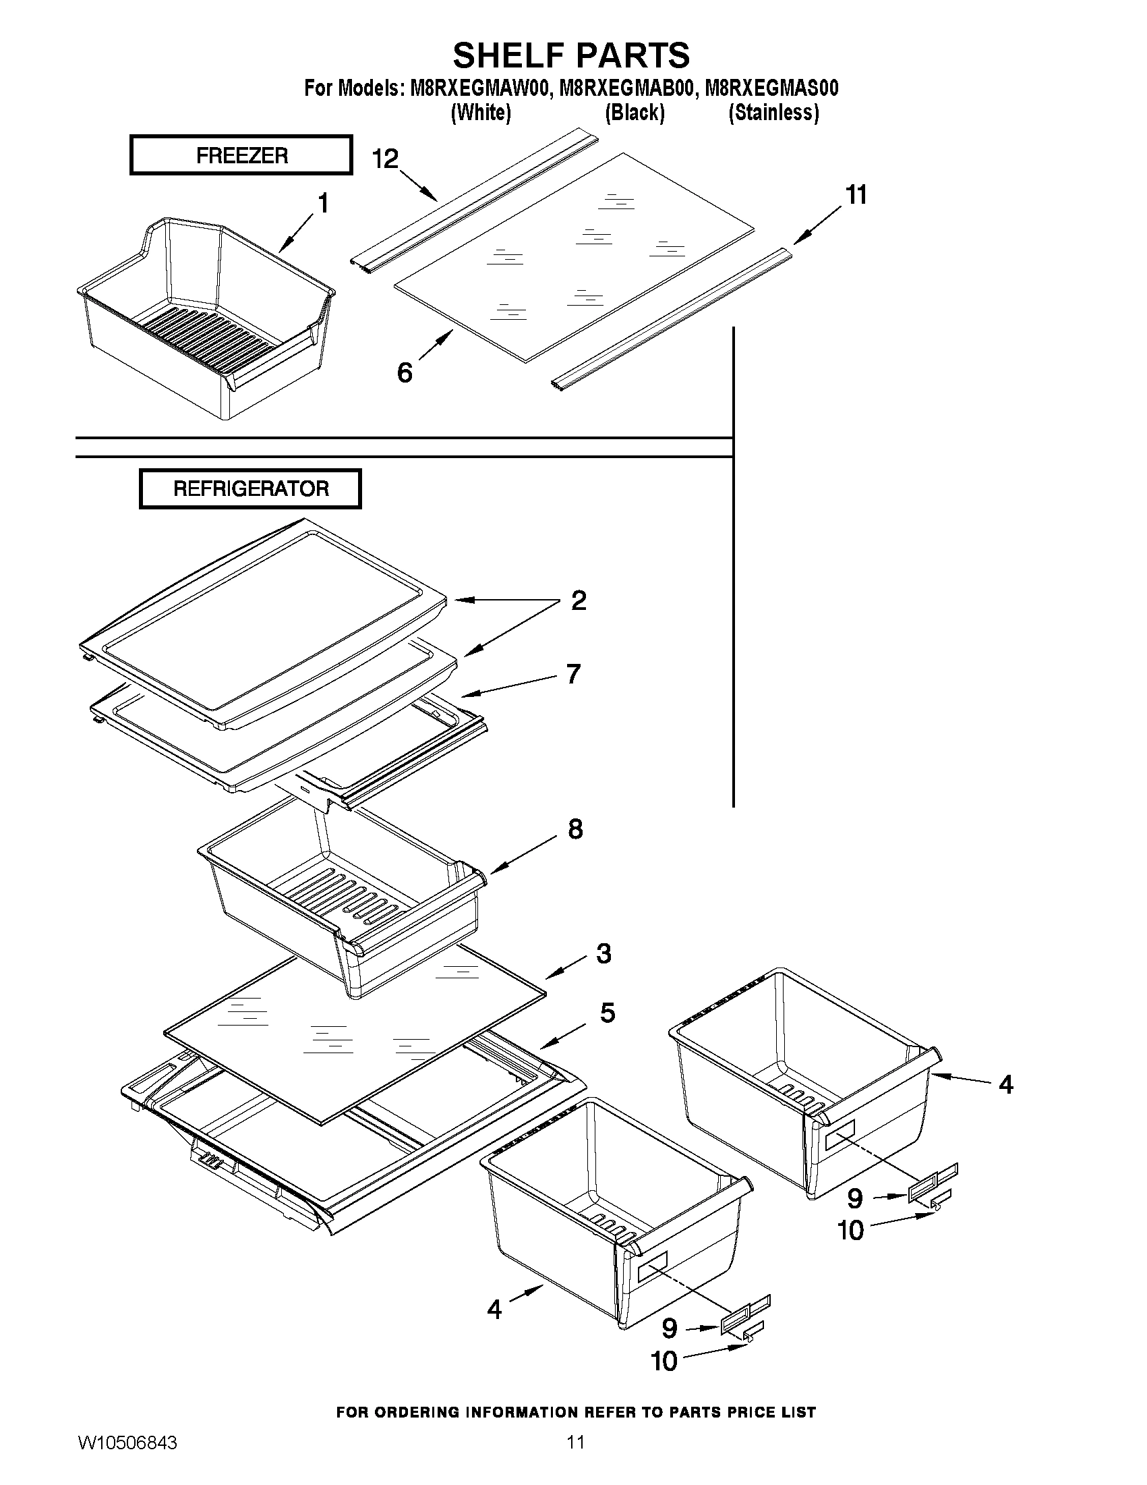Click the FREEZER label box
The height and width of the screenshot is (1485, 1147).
(241, 155)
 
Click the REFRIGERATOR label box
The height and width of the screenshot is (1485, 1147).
(250, 488)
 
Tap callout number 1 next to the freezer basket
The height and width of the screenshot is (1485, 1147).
(323, 202)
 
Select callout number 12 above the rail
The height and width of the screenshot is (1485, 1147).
(384, 159)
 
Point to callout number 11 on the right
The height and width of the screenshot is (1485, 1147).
(856, 195)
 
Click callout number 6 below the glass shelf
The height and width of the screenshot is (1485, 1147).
(405, 372)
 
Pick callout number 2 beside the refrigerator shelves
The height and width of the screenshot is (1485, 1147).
(579, 600)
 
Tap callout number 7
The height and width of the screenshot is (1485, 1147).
(573, 674)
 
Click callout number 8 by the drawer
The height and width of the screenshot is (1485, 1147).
(575, 829)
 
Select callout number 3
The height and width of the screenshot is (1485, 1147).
(604, 953)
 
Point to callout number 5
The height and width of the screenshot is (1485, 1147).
(608, 1013)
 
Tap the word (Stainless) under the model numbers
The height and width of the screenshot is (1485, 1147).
(773, 112)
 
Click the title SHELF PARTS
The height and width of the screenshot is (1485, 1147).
(571, 55)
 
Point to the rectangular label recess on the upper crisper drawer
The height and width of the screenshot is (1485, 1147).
(840, 1140)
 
